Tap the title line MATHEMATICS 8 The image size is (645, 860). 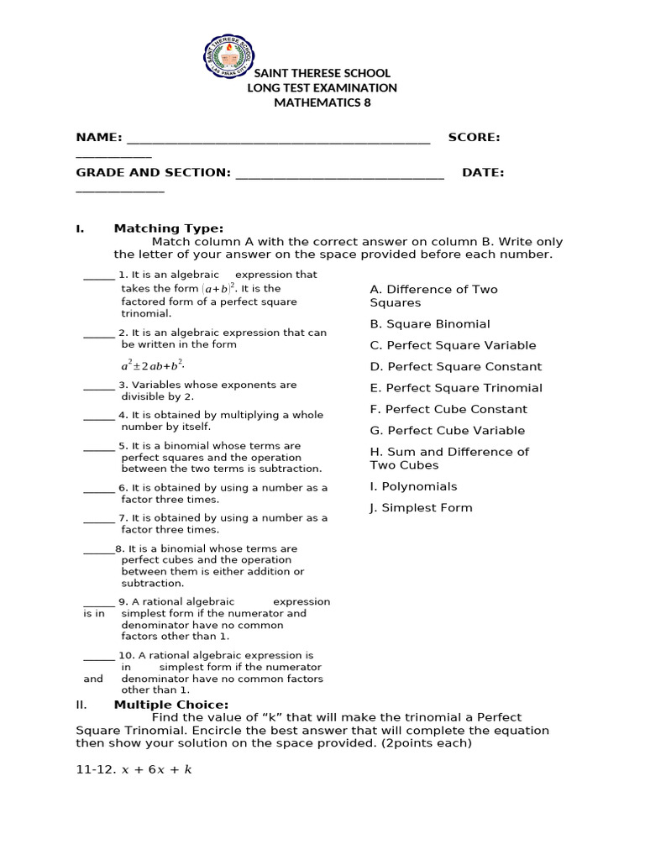pos(322,102)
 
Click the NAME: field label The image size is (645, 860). pos(99,137)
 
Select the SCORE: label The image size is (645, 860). pos(474,137)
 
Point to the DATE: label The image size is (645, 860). pos(483,172)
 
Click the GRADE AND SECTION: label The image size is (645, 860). pos(153,172)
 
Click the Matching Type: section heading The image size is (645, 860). pos(169,228)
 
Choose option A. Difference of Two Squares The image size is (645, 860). pos(433,296)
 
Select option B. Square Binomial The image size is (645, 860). pos(429,324)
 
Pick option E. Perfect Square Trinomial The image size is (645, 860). pos(455,388)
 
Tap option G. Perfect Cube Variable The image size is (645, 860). pos(447,431)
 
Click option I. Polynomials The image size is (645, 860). pos(413,486)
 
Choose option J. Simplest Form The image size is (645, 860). pos(421,508)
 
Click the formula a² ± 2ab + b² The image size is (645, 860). pos(152,365)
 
